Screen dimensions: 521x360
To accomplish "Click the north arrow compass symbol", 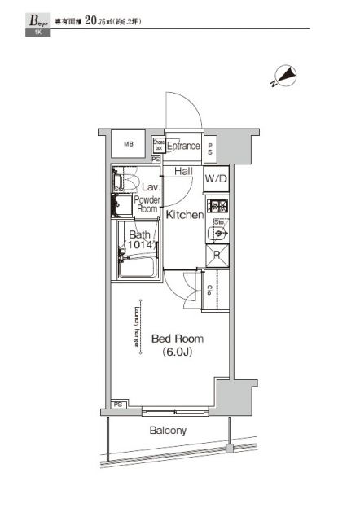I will tap(283, 76).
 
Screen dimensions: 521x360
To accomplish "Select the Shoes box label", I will tap(158, 146).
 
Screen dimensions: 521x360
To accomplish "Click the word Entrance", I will tap(184, 147).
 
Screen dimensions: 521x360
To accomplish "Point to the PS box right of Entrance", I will tap(210, 148).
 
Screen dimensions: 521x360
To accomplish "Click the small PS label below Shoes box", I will tap(156, 160).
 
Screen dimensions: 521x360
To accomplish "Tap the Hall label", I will tap(183, 172).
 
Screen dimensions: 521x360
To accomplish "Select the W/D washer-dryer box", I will tap(216, 178).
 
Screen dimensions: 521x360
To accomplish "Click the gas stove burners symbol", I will tap(217, 204).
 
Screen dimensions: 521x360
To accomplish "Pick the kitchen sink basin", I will tap(217, 233).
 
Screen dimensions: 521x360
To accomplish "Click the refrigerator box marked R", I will tap(217, 255).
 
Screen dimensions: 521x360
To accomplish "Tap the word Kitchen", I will tap(185, 215).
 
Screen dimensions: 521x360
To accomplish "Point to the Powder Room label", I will tap(147, 204).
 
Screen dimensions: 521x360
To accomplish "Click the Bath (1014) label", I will tap(141, 241).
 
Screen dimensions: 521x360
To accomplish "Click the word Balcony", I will tap(167, 431).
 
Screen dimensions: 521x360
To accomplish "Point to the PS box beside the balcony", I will tap(119, 404).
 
